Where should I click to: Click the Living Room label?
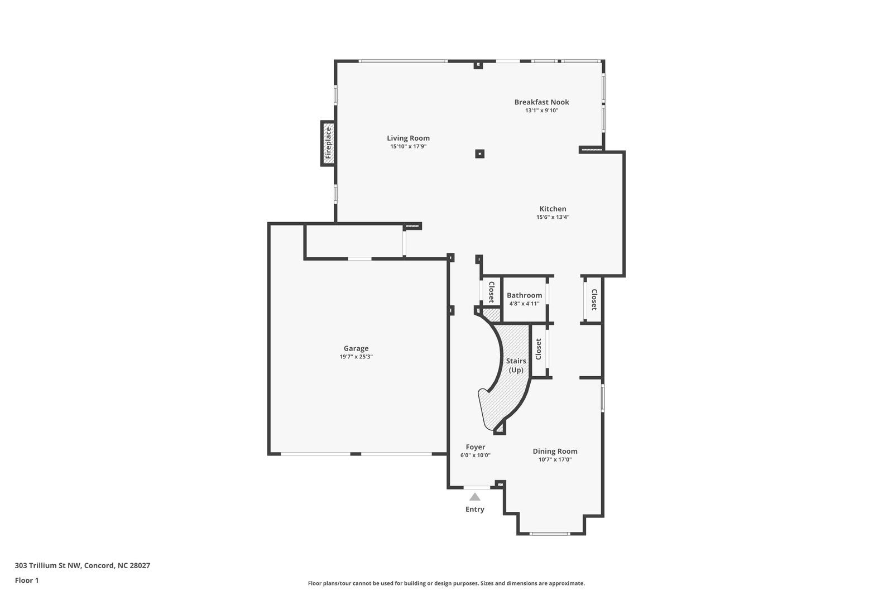(x=408, y=138)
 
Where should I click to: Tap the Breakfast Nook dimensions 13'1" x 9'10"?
(x=541, y=111)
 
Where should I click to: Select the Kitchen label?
(x=553, y=209)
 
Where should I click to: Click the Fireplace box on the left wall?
(x=328, y=143)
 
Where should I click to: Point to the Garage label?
(x=356, y=348)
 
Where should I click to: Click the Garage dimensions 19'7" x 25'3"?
(x=356, y=357)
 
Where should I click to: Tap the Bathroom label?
(x=524, y=295)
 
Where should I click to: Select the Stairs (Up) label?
(x=516, y=365)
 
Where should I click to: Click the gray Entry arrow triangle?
(x=474, y=497)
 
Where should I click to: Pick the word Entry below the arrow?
(x=474, y=509)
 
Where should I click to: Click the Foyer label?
(x=475, y=447)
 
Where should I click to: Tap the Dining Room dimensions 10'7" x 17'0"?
(x=555, y=460)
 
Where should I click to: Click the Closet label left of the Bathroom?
(x=491, y=292)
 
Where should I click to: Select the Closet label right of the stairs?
(x=538, y=349)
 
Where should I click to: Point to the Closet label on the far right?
(x=594, y=300)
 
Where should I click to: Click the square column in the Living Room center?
(x=479, y=153)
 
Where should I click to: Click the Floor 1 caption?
(x=27, y=580)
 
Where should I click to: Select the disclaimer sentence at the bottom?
(x=446, y=583)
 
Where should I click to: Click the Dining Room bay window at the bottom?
(x=550, y=534)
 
